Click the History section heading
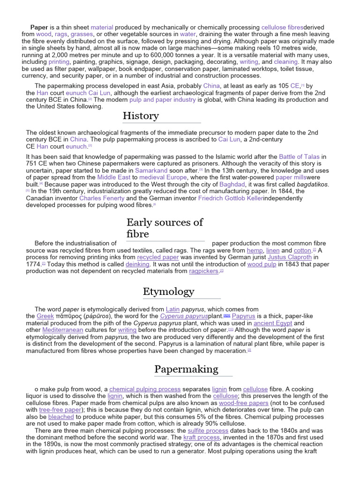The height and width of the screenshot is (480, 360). (141, 116)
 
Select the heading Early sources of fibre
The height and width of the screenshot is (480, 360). (165, 228)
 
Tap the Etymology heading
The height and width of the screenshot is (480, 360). (168, 292)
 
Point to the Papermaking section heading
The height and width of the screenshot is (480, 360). (186, 369)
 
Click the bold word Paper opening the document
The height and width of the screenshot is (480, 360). (39, 28)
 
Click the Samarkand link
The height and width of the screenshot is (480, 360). (151, 171)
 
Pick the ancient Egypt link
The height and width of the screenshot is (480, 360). (273, 323)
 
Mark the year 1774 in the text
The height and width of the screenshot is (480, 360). (33, 264)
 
